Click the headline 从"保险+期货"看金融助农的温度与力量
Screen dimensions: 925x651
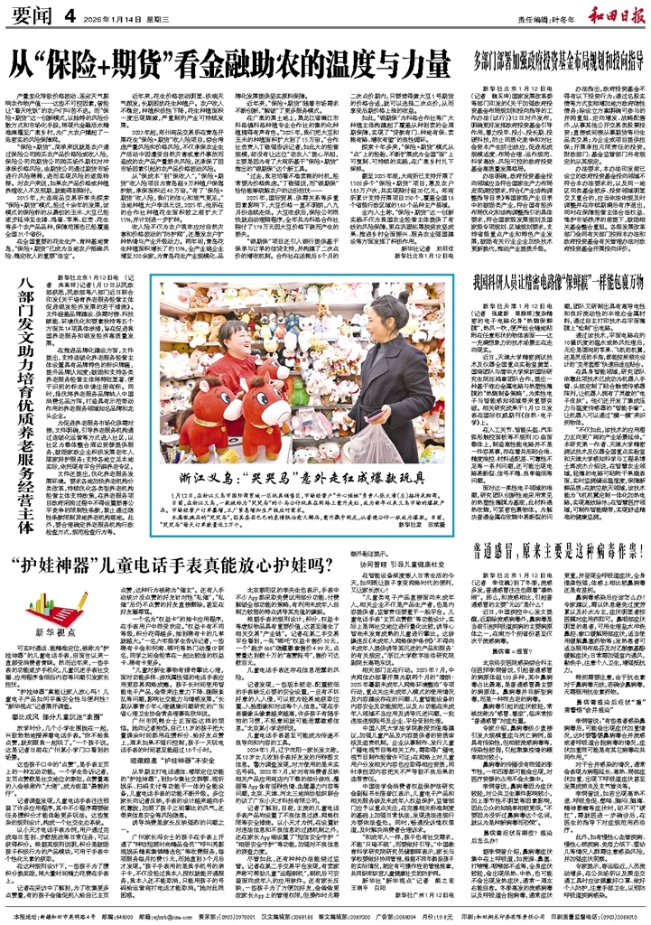225,65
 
